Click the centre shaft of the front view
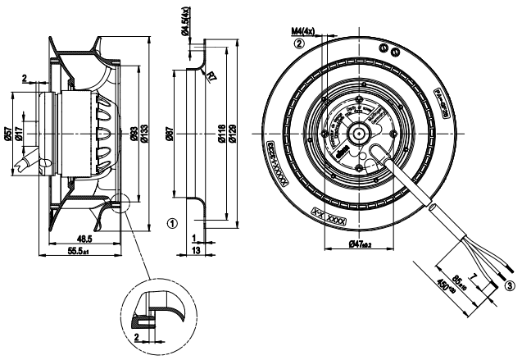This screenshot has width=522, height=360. (359, 132)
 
